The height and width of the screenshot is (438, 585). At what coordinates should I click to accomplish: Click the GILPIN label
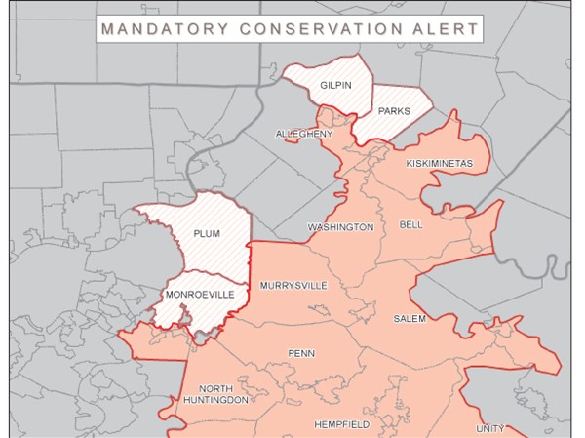335,86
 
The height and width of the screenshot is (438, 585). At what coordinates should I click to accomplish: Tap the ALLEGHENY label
303,134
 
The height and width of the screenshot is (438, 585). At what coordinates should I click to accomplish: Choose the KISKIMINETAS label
440,162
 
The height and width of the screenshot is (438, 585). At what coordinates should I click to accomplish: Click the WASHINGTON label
340,227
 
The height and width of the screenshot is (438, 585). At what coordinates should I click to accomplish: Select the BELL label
411,224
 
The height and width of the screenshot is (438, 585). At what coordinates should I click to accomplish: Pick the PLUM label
207,234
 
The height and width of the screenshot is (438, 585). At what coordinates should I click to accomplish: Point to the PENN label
300,353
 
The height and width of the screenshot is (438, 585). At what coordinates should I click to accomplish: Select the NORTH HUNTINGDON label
218,393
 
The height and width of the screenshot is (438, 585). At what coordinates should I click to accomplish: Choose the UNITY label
490,428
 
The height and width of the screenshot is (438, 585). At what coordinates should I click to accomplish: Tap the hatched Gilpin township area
322,102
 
